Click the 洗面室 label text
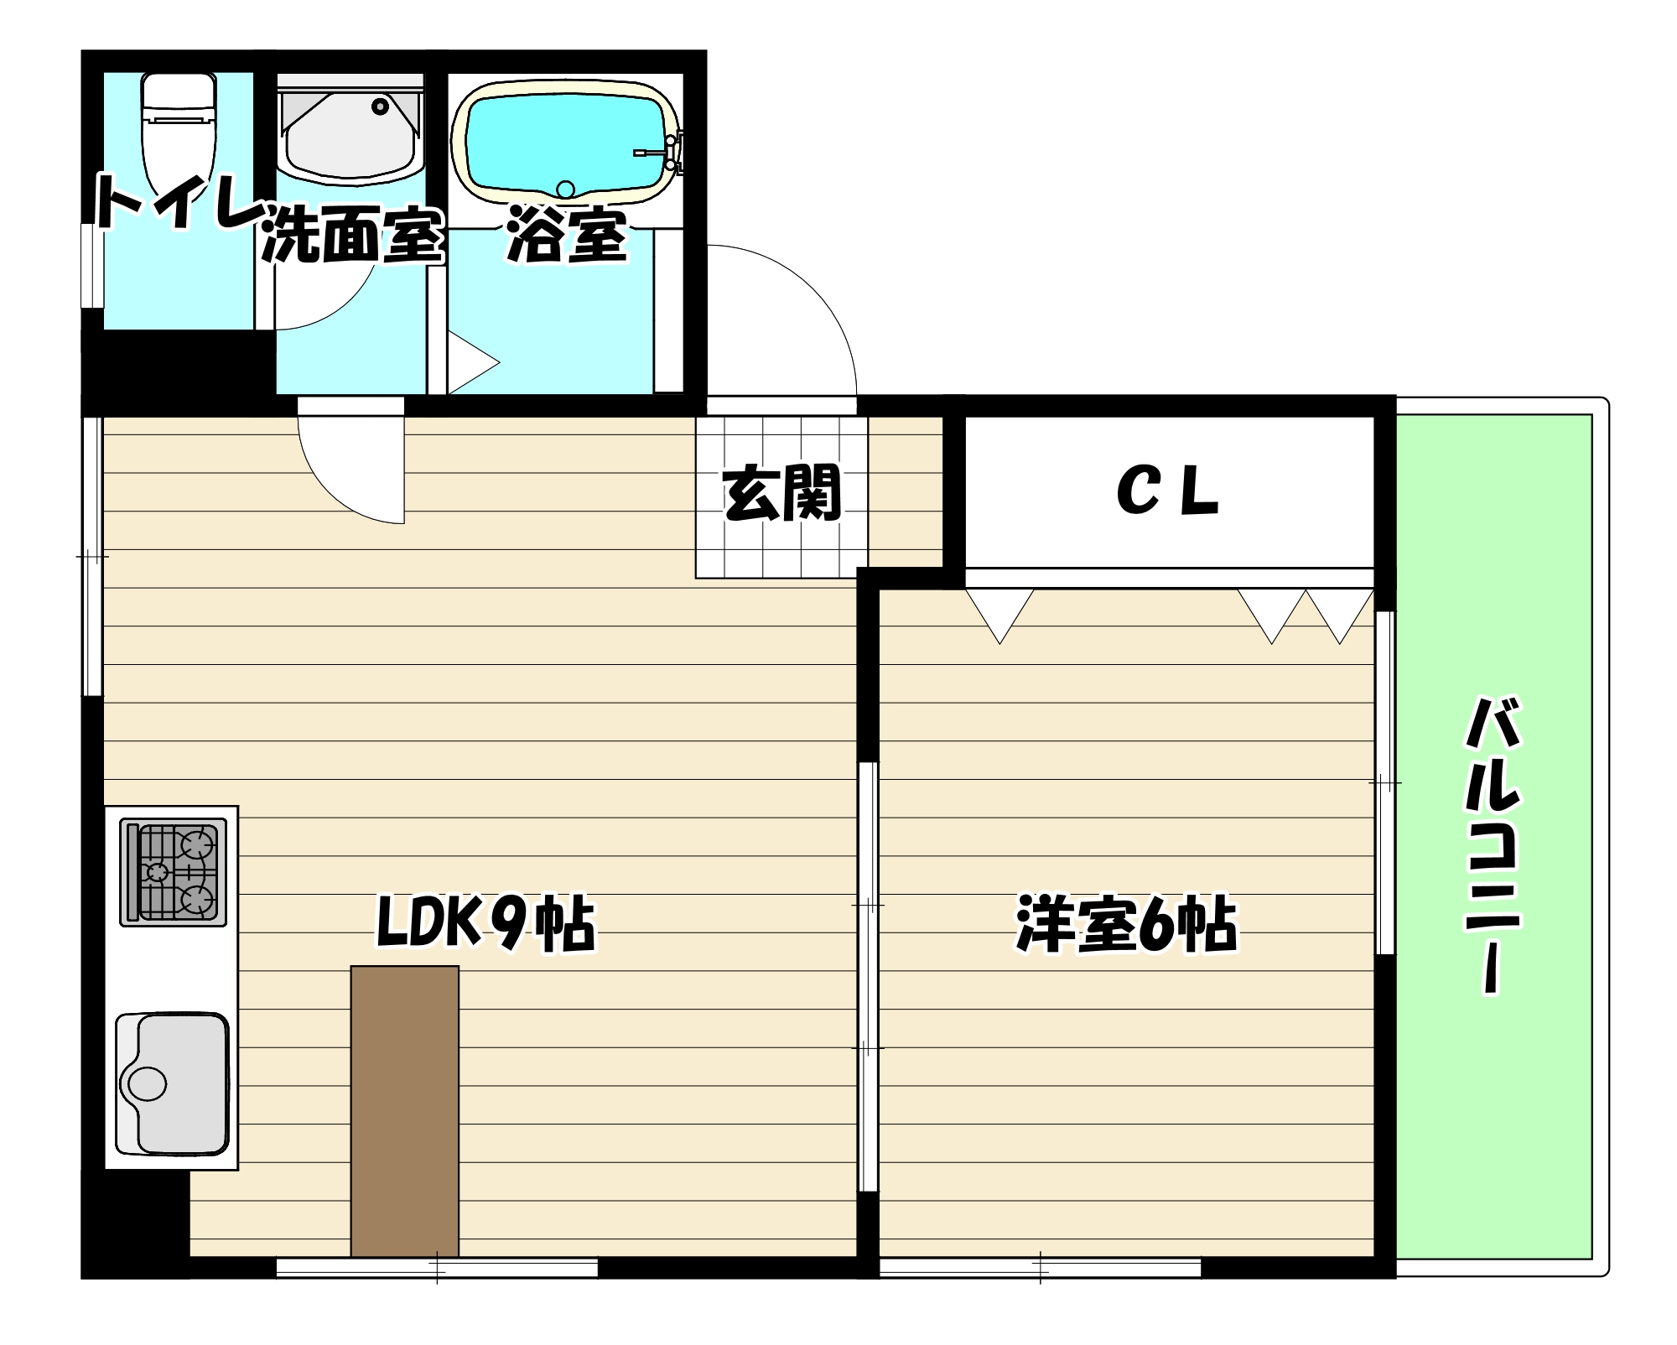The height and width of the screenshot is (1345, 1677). (352, 237)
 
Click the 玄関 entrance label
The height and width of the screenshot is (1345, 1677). (781, 494)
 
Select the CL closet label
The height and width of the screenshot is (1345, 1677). (1167, 491)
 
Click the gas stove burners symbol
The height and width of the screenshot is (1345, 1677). (174, 872)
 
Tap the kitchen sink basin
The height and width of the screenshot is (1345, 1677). (173, 1083)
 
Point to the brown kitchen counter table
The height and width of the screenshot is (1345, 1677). (404, 1111)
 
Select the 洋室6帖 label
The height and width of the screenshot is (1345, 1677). (1126, 925)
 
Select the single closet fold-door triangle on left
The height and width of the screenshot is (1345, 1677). (999, 612)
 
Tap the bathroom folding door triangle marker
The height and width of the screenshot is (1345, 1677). (470, 363)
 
